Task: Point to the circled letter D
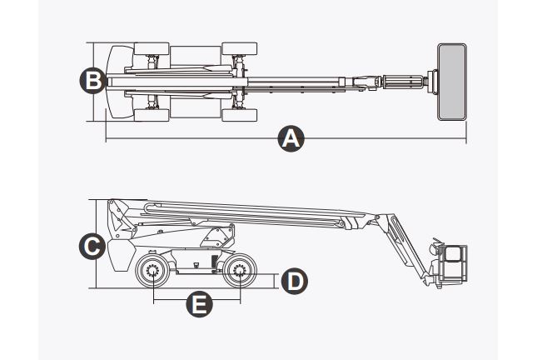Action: tap(292, 281)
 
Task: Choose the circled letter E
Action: tap(197, 304)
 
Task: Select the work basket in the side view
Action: tap(450, 264)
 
